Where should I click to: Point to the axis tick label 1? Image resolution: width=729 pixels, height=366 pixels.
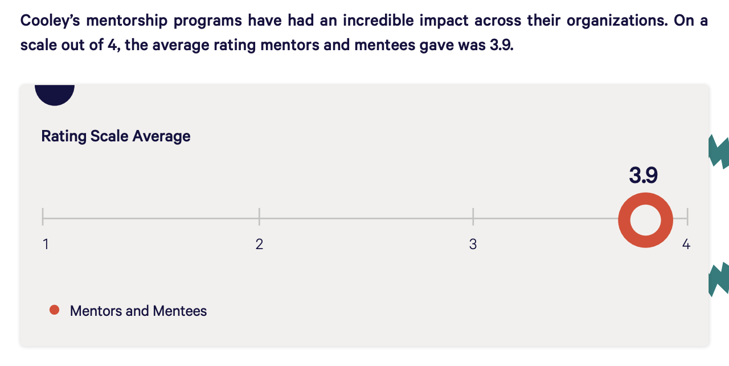[x=46, y=245]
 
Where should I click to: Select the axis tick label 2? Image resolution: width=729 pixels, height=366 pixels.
[x=259, y=245]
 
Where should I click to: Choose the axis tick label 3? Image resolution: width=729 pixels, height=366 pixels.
[x=473, y=245]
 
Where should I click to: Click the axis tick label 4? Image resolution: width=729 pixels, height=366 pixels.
[x=686, y=245]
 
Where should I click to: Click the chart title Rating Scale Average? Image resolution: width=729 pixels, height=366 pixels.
[x=116, y=136]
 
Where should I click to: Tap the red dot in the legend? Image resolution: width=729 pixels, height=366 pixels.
[x=55, y=310]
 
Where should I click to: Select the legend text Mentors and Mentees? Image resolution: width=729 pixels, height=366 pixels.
[x=138, y=311]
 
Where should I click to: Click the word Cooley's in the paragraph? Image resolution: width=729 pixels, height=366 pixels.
[x=50, y=21]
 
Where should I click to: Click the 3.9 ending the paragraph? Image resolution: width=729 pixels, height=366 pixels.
[x=501, y=45]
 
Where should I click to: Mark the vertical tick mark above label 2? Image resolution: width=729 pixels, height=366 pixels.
[x=259, y=217]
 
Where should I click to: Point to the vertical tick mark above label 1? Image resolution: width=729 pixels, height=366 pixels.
[x=43, y=217]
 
